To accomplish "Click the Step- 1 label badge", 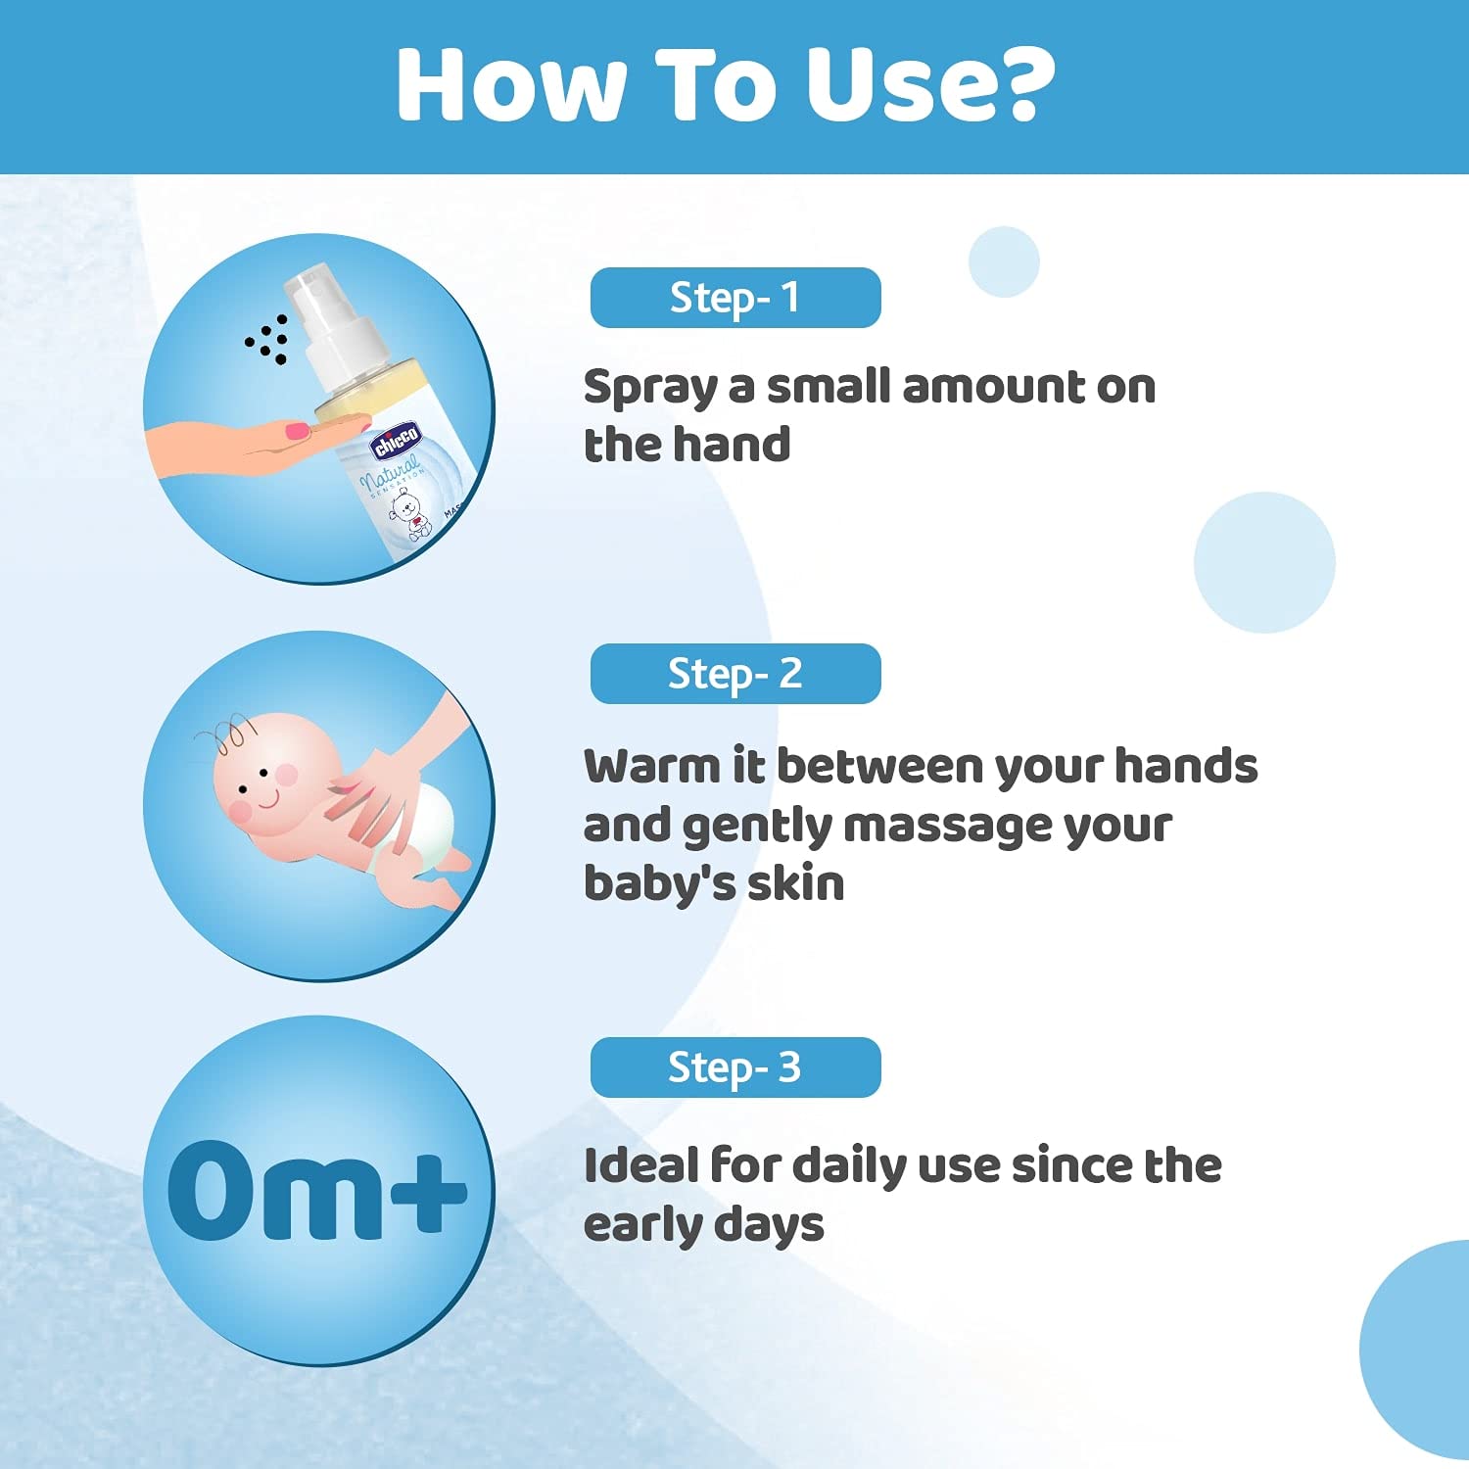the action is pyautogui.click(x=735, y=298).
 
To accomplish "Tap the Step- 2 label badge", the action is pyautogui.click(x=735, y=674).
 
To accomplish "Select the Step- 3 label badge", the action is pyautogui.click(x=735, y=1067).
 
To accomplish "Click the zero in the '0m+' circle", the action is pyautogui.click(x=211, y=1190).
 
